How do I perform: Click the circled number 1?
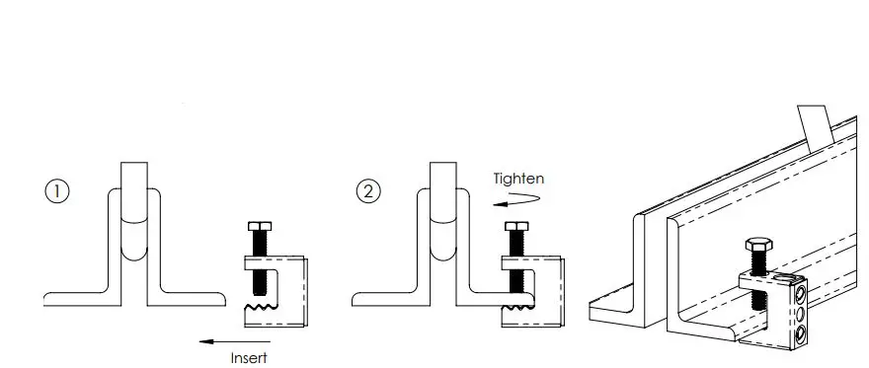(x=57, y=191)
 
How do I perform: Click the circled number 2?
(x=368, y=191)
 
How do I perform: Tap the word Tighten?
(x=518, y=179)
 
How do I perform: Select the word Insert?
(x=248, y=358)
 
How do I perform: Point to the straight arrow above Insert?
(x=233, y=341)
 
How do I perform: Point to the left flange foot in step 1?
(x=74, y=297)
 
